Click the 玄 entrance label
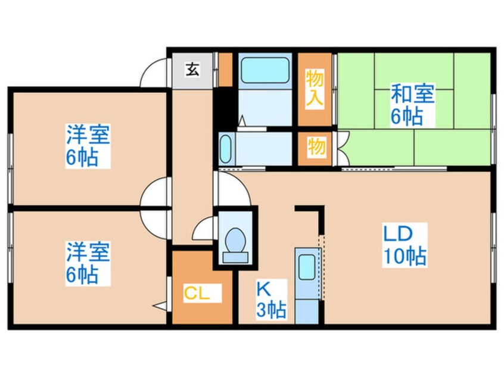point(192,70)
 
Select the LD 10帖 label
point(405,245)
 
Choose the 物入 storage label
point(315,87)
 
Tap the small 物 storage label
point(316,146)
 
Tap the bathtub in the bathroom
point(265,71)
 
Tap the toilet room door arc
point(205,228)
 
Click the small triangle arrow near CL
point(160,306)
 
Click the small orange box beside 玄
point(225,70)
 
